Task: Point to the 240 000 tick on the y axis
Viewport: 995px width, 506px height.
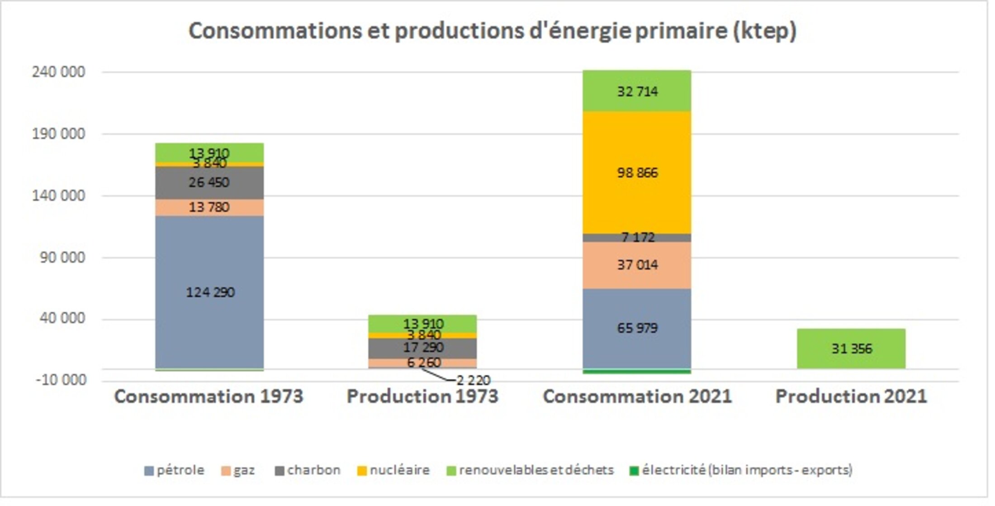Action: (x=58, y=72)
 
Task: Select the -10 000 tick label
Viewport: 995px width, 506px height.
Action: (x=61, y=380)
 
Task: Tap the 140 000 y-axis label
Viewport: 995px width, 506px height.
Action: (x=58, y=196)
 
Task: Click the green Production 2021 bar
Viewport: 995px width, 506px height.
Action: (x=851, y=349)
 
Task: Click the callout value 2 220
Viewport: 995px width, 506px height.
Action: (x=473, y=381)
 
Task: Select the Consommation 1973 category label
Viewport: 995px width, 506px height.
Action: (x=209, y=397)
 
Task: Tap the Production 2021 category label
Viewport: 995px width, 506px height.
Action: (x=851, y=397)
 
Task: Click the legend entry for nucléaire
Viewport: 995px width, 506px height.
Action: (x=393, y=471)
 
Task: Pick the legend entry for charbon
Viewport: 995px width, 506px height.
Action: (x=308, y=471)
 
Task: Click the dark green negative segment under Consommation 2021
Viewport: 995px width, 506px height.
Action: (x=637, y=372)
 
